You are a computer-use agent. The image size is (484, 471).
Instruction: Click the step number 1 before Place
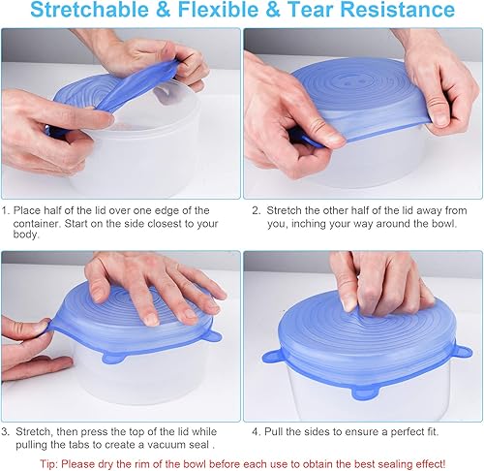tap(6, 209)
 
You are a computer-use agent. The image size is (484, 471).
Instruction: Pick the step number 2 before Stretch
tap(256, 209)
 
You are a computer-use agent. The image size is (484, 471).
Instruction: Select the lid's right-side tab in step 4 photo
tap(464, 350)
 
